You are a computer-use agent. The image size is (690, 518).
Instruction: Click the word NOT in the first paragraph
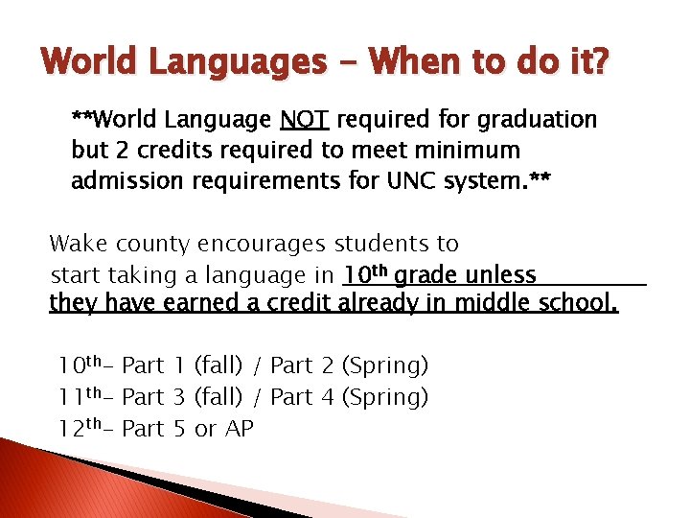pyautogui.click(x=305, y=120)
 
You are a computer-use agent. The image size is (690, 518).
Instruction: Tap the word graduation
pyautogui.click(x=540, y=120)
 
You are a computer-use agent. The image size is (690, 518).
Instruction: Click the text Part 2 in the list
pyautogui.click(x=302, y=365)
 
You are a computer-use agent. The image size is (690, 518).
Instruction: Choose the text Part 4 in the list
pyautogui.click(x=302, y=396)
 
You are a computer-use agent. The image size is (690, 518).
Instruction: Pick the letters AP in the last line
pyautogui.click(x=239, y=429)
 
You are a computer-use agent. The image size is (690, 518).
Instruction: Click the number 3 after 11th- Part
pyautogui.click(x=179, y=396)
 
